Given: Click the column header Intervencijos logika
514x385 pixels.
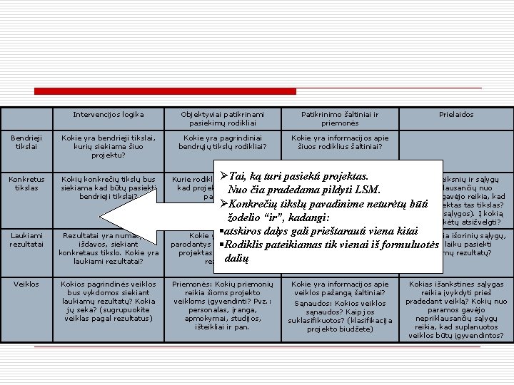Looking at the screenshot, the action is [109, 114].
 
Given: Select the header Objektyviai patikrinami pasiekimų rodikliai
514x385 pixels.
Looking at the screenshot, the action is [223, 119].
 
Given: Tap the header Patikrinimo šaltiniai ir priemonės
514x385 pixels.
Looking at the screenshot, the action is [339, 119].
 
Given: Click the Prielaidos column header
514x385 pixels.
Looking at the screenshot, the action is [456, 114].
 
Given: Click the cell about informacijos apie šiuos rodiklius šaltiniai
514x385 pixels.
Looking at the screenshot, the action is [341, 143].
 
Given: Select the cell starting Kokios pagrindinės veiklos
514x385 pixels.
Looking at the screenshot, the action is [109, 301].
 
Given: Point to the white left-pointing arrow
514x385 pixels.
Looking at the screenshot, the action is [136, 216].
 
